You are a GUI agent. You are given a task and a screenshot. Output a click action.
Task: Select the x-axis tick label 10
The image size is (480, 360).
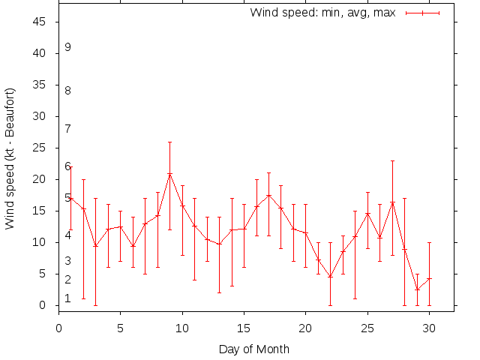[x=182, y=327]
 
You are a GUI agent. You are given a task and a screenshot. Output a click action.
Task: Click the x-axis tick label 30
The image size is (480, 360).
[x=429, y=327]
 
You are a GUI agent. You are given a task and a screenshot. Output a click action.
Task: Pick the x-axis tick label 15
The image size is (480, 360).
[x=244, y=327]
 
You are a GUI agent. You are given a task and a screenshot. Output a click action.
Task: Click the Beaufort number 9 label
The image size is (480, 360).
[x=67, y=47]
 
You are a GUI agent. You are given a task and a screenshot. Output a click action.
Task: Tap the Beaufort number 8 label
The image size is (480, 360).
[x=67, y=91]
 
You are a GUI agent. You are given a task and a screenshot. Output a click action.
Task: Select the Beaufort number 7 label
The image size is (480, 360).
[x=67, y=129]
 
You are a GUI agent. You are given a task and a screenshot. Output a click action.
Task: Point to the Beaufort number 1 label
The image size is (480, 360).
[x=67, y=298]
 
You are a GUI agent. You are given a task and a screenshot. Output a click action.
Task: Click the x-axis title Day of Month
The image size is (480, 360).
[x=254, y=349]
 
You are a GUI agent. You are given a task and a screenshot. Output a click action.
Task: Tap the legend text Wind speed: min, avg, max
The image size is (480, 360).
[x=322, y=13]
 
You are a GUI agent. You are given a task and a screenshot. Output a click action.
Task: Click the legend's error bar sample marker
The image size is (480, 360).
[x=422, y=13]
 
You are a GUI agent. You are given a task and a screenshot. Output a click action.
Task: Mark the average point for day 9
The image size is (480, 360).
[x=169, y=174]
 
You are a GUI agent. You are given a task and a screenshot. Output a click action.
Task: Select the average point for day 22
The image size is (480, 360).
[x=330, y=277]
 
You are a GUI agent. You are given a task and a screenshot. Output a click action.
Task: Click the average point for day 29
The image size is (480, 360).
[x=416, y=289]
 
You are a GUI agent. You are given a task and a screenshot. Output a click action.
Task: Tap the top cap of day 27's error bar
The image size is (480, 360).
[x=391, y=160]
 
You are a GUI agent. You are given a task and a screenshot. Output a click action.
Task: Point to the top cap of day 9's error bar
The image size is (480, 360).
[x=169, y=142]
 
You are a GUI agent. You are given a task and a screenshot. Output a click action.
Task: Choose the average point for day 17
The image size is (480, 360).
[x=268, y=196]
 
